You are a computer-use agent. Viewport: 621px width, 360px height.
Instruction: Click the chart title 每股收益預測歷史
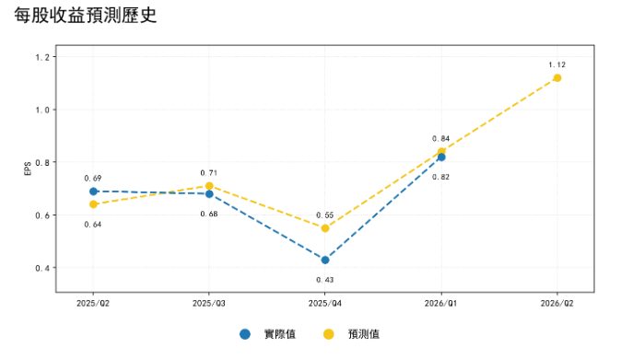click(86, 16)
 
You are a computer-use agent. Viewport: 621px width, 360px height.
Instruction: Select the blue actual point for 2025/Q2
click(93, 192)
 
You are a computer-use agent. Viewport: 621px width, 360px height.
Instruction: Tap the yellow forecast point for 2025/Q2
click(93, 204)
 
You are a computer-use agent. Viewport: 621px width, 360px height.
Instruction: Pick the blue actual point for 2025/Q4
click(325, 260)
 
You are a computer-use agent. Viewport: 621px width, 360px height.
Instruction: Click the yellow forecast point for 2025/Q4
click(325, 228)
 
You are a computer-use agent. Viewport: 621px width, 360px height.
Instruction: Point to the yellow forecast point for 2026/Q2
click(557, 78)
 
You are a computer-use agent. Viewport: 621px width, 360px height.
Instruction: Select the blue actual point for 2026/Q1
click(441, 157)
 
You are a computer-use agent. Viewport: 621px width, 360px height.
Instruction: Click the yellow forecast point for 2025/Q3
click(209, 186)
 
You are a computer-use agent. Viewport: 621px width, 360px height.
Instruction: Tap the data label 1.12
click(557, 64)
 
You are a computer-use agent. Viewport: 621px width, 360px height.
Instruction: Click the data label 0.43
click(325, 280)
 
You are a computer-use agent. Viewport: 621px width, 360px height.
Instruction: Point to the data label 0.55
click(325, 215)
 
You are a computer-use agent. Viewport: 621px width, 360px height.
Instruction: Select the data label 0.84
click(441, 139)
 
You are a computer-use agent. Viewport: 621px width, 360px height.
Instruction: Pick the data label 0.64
click(93, 225)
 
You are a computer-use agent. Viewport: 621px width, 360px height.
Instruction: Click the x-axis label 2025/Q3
click(209, 304)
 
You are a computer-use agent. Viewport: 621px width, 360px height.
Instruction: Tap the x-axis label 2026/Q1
click(440, 304)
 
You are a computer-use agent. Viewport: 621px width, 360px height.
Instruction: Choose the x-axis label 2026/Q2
click(557, 304)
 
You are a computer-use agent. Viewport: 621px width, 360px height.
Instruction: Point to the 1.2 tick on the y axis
click(42, 57)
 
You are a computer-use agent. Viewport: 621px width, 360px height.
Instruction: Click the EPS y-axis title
click(28, 168)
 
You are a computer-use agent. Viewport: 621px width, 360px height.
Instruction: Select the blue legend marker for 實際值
click(245, 334)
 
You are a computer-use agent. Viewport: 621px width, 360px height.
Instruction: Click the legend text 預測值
click(364, 334)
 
